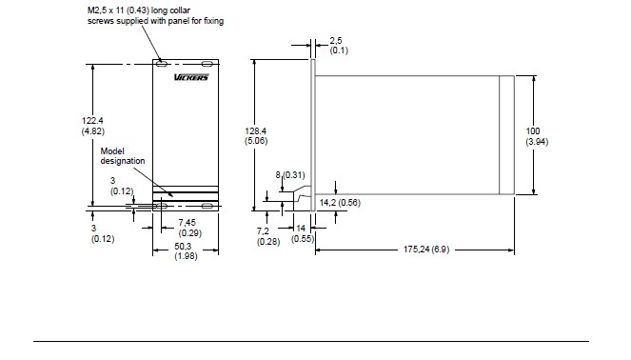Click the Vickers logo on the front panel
(191, 77)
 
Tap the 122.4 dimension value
(92, 121)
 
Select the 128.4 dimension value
(256, 131)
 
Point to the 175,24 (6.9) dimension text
(426, 250)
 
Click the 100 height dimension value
(533, 131)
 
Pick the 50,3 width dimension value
(183, 247)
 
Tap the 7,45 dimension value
(187, 223)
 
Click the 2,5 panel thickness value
(336, 41)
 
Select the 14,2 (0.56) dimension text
(340, 203)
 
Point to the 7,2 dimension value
(263, 231)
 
